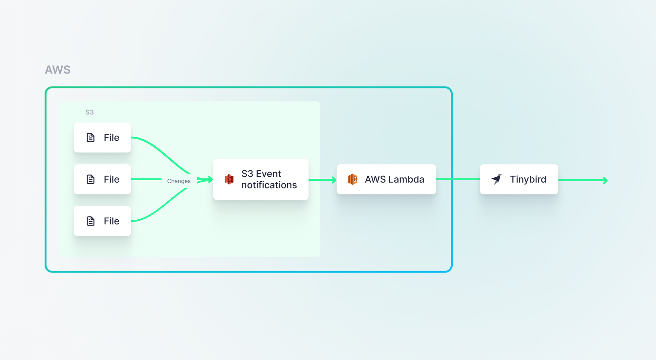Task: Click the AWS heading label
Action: (58, 70)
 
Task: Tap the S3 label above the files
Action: (90, 112)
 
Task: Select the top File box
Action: (102, 137)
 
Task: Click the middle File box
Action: (102, 179)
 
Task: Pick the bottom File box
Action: (102, 221)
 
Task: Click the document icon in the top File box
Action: (91, 137)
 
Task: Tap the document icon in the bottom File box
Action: (91, 221)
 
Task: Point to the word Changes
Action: (179, 181)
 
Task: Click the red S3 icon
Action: (229, 179)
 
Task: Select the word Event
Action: (269, 174)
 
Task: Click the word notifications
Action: (269, 185)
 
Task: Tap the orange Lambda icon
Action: (352, 179)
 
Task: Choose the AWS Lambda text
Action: (395, 179)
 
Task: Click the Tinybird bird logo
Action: (497, 179)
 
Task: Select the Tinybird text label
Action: (528, 179)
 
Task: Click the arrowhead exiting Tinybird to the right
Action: (605, 180)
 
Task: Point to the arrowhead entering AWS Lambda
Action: (334, 180)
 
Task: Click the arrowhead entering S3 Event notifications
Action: (210, 179)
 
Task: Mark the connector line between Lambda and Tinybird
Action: (458, 179)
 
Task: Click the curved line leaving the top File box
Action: (157, 150)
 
